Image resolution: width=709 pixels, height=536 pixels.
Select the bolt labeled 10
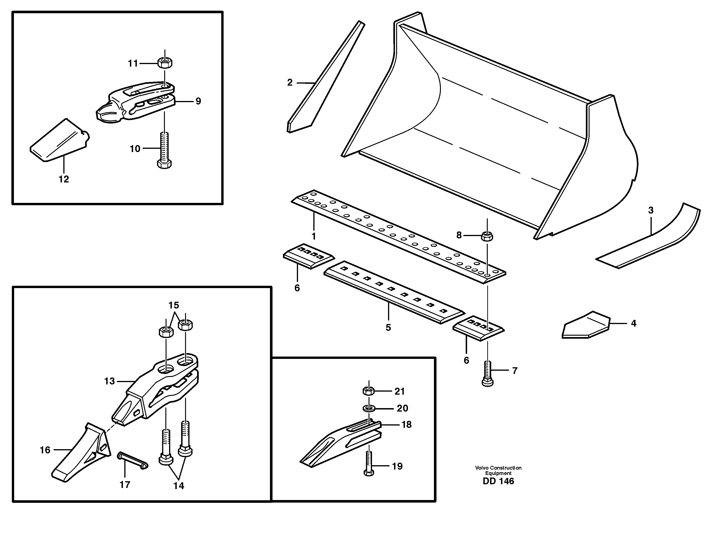[x=164, y=151]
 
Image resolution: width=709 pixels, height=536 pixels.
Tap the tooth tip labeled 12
[x=59, y=141]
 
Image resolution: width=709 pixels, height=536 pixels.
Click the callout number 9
[x=198, y=101]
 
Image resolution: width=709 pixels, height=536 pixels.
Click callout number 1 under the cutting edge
[x=314, y=236]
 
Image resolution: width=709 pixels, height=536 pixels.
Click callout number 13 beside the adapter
[x=109, y=381]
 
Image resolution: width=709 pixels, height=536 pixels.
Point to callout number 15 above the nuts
[x=174, y=305]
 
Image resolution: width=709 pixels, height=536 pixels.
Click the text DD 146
[x=498, y=481]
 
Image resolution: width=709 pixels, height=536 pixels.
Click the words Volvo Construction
[x=498, y=468]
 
